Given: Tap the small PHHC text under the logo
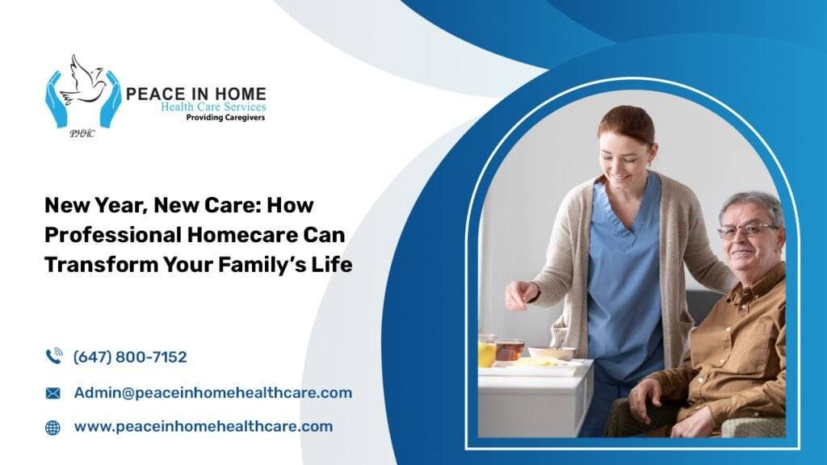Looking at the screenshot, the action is [x=82, y=133].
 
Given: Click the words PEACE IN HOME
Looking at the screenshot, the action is [x=195, y=94].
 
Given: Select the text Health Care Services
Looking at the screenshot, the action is [x=213, y=107].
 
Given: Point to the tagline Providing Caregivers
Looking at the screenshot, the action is [x=225, y=118].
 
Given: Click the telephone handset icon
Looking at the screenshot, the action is [x=54, y=356].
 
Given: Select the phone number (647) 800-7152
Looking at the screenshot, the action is [x=130, y=357].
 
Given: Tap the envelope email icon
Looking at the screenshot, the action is [x=52, y=393].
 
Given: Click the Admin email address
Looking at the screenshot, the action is [x=212, y=393].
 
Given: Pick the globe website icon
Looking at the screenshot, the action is [x=52, y=428].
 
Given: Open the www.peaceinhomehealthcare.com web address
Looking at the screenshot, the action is [x=203, y=426].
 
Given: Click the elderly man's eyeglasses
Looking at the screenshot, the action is [x=747, y=231].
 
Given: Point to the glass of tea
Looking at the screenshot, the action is [x=510, y=350].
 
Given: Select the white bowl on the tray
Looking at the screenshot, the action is [x=552, y=352].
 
